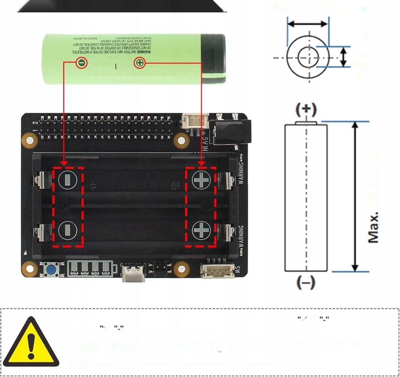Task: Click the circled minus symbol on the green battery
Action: tap(81, 63)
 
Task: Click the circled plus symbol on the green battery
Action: tap(139, 63)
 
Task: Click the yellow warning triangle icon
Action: tap(31, 343)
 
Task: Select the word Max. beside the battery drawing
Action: tap(373, 228)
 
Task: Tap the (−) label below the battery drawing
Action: tap(306, 282)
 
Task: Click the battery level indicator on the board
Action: tap(92, 269)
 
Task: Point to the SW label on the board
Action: tap(237, 269)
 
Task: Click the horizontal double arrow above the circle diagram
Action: tap(307, 24)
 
